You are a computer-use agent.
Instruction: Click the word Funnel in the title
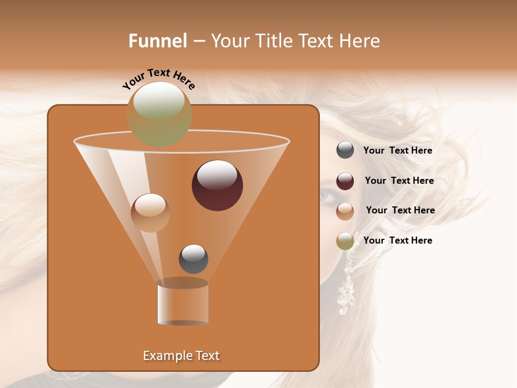tap(157, 41)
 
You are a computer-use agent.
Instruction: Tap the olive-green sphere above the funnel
tap(159, 114)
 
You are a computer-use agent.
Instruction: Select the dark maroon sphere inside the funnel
tap(218, 185)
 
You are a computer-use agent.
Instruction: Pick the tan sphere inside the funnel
tap(150, 213)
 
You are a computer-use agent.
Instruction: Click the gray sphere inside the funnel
tap(193, 259)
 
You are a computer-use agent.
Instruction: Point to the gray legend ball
tap(345, 150)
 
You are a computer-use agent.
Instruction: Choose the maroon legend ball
tap(345, 181)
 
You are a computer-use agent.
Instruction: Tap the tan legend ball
tap(345, 211)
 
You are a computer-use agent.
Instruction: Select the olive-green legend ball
tap(345, 241)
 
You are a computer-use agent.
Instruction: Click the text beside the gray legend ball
tap(397, 150)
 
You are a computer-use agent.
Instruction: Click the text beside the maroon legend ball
tap(399, 181)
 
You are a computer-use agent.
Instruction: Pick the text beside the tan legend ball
tap(400, 210)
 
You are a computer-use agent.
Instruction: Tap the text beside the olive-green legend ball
tap(397, 240)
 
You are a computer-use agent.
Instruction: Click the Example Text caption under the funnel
tap(181, 356)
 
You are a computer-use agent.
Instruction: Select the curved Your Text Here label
tap(158, 78)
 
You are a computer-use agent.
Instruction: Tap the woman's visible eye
tap(326, 196)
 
